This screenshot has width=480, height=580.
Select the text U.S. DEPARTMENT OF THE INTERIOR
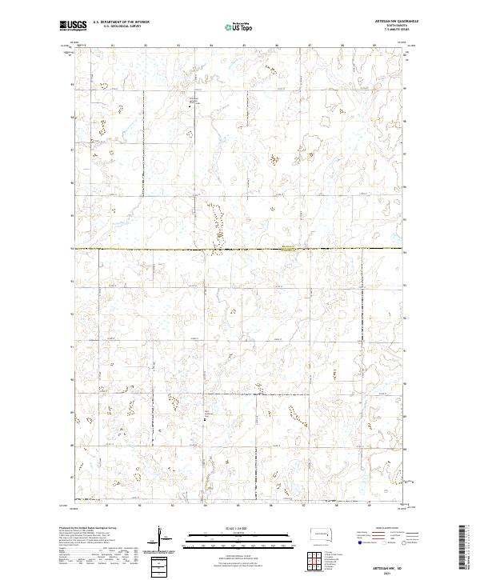coord(120,23)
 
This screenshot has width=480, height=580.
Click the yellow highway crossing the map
coord(240,249)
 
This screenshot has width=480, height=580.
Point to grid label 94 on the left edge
coord(73,249)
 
